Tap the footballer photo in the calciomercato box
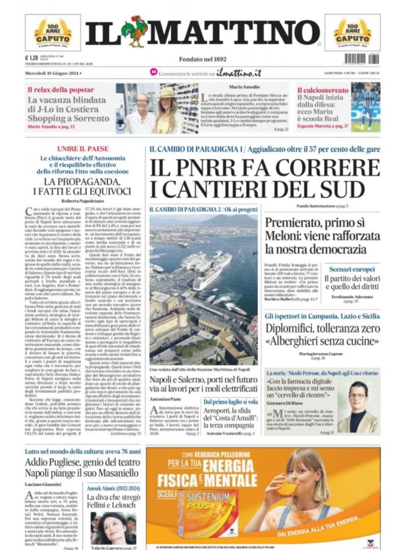tap(365, 107)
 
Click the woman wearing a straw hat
tap(165, 107)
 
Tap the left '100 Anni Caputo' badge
tap(53, 32)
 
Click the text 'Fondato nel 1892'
tap(203, 59)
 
